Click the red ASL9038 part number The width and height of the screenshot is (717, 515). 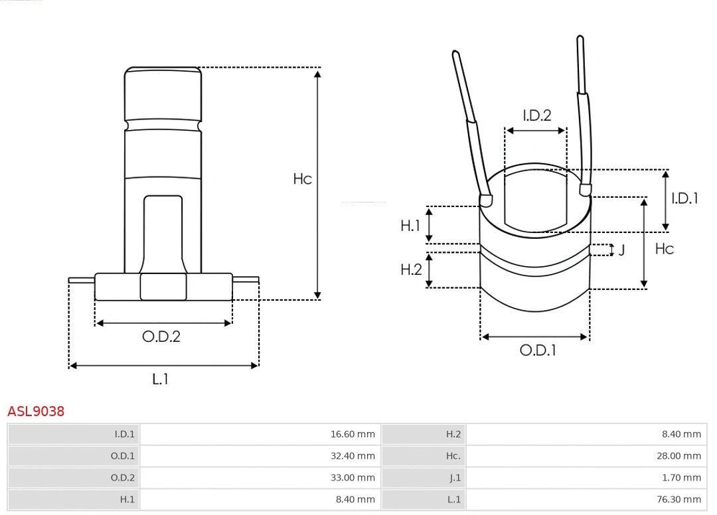pos(36,411)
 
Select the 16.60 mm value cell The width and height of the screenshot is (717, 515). pos(353,435)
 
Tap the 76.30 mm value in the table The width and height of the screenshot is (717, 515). pos(678,499)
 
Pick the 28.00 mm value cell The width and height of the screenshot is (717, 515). pos(678,456)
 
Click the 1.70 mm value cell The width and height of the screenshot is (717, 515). pos(681,478)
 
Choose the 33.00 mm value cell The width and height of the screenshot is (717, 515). pos(353,478)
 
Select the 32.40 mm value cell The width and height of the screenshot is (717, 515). pos(353,456)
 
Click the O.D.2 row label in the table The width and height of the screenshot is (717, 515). pos(122,478)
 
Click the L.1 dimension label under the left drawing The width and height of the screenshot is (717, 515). pos(161,379)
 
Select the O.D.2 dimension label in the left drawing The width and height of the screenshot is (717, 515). pos(161,336)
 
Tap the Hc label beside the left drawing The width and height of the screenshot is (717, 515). pos(302,179)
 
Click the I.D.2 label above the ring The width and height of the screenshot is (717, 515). pos(536,115)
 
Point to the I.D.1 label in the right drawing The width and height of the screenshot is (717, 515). pos(684,198)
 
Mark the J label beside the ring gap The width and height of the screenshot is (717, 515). pos(621,250)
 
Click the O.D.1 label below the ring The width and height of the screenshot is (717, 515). pos(537,350)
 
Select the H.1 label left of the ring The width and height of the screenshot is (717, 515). pos(410,226)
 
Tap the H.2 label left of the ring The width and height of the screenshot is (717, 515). pos(411,269)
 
